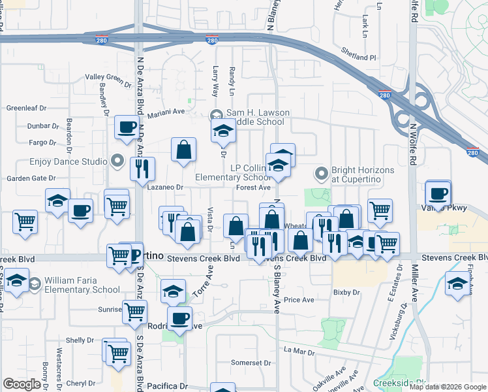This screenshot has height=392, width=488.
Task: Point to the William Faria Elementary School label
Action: [82, 285]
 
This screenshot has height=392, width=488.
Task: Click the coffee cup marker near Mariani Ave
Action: [127, 127]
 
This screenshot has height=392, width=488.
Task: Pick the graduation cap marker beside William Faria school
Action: [16, 284]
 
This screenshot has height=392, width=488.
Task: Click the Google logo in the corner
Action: [22, 384]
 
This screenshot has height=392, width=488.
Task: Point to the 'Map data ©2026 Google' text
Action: [447, 387]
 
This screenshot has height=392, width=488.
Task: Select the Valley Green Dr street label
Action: [108, 78]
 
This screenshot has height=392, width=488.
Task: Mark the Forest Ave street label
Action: [253, 188]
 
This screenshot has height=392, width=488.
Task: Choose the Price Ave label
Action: [299, 300]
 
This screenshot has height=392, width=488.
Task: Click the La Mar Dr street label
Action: [299, 350]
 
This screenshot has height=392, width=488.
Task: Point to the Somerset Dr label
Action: [251, 363]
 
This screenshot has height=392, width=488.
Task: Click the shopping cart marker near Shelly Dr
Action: [118, 353]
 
